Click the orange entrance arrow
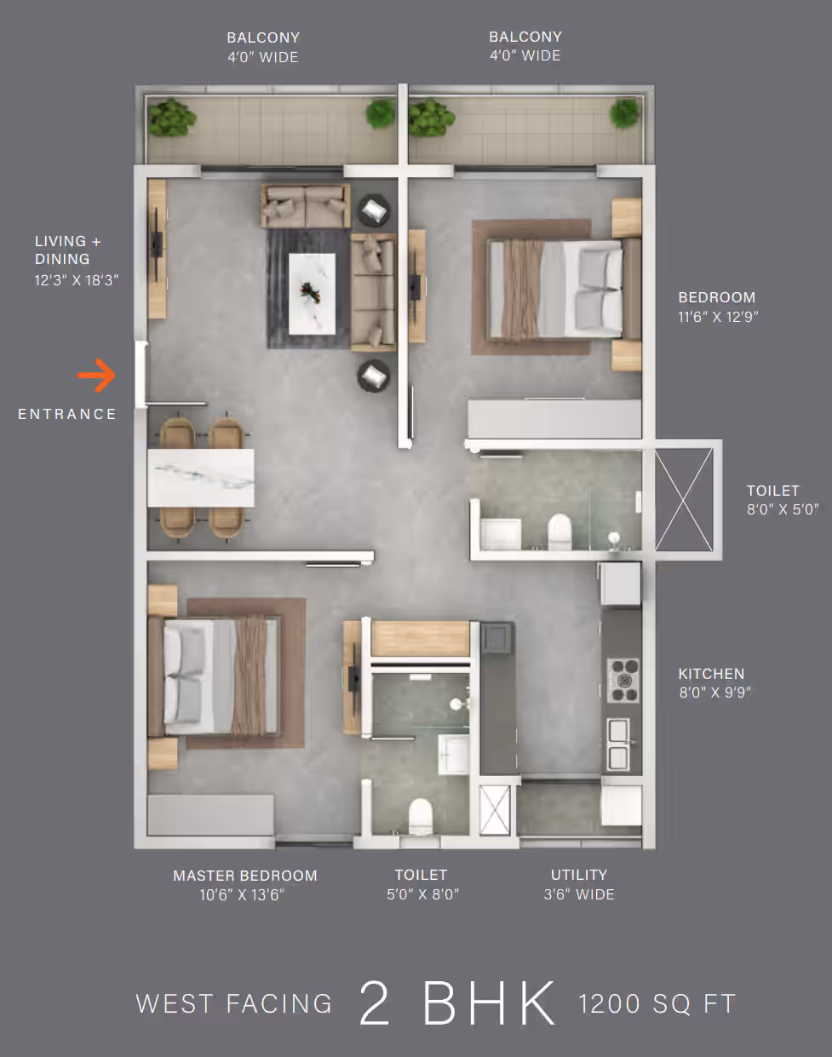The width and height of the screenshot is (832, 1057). click(97, 376)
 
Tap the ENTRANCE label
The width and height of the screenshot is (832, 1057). click(67, 414)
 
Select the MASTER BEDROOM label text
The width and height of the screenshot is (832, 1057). click(245, 876)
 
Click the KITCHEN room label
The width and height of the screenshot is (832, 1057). click(711, 674)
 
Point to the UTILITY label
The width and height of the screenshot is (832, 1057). click(579, 875)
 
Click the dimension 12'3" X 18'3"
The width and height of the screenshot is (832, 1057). click(77, 280)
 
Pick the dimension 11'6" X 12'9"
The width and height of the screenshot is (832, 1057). click(718, 317)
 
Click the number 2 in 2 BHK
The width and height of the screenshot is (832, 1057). click(375, 1003)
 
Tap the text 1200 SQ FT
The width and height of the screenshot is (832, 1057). click(657, 1004)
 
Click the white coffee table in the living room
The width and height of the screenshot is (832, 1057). click(312, 294)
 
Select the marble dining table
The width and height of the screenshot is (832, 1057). click(201, 478)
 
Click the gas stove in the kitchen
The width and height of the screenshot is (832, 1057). click(623, 681)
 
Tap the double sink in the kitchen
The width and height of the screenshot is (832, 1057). click(619, 744)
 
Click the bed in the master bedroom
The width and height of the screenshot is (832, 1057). click(215, 677)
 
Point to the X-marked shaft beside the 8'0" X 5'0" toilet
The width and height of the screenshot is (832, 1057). click(684, 499)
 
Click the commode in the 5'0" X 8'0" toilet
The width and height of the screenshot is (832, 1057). click(421, 816)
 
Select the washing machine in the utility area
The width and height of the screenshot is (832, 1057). click(622, 806)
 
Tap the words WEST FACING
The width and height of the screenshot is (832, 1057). click(234, 1004)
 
